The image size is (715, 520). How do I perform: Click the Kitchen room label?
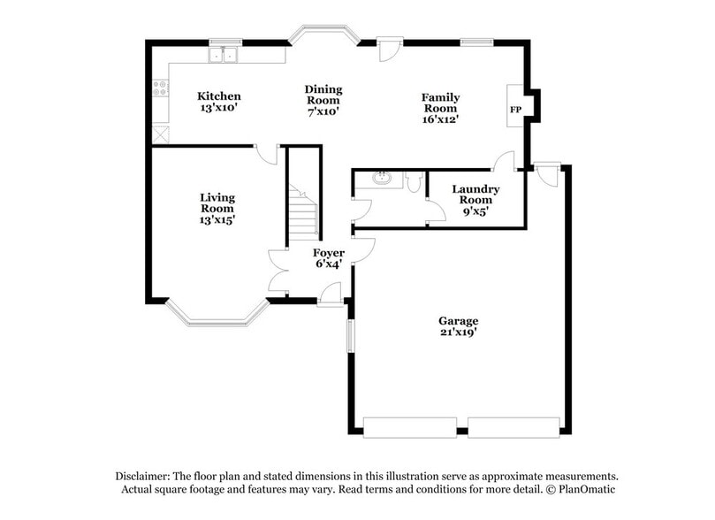pos(218,96)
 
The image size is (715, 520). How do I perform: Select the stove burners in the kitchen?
pos(160,88)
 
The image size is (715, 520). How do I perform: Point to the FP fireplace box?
pos(515,109)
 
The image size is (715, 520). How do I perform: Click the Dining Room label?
pos(323,95)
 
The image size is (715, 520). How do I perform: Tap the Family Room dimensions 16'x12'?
pos(439,119)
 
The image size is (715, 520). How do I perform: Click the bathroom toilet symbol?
pos(415,181)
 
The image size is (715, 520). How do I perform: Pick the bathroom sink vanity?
pos(383,180)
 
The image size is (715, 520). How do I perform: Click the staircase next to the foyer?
pos(303,212)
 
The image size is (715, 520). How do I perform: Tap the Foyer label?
pos(330,253)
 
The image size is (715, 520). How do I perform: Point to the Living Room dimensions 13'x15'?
pos(217,219)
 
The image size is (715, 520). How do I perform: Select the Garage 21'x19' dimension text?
pos(458,333)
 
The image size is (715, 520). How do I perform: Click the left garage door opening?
pos(409,427)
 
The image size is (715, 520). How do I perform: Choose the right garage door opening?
pos(514,427)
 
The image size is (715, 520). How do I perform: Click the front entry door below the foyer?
pos(330,295)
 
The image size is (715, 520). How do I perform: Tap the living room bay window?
pos(217,315)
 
